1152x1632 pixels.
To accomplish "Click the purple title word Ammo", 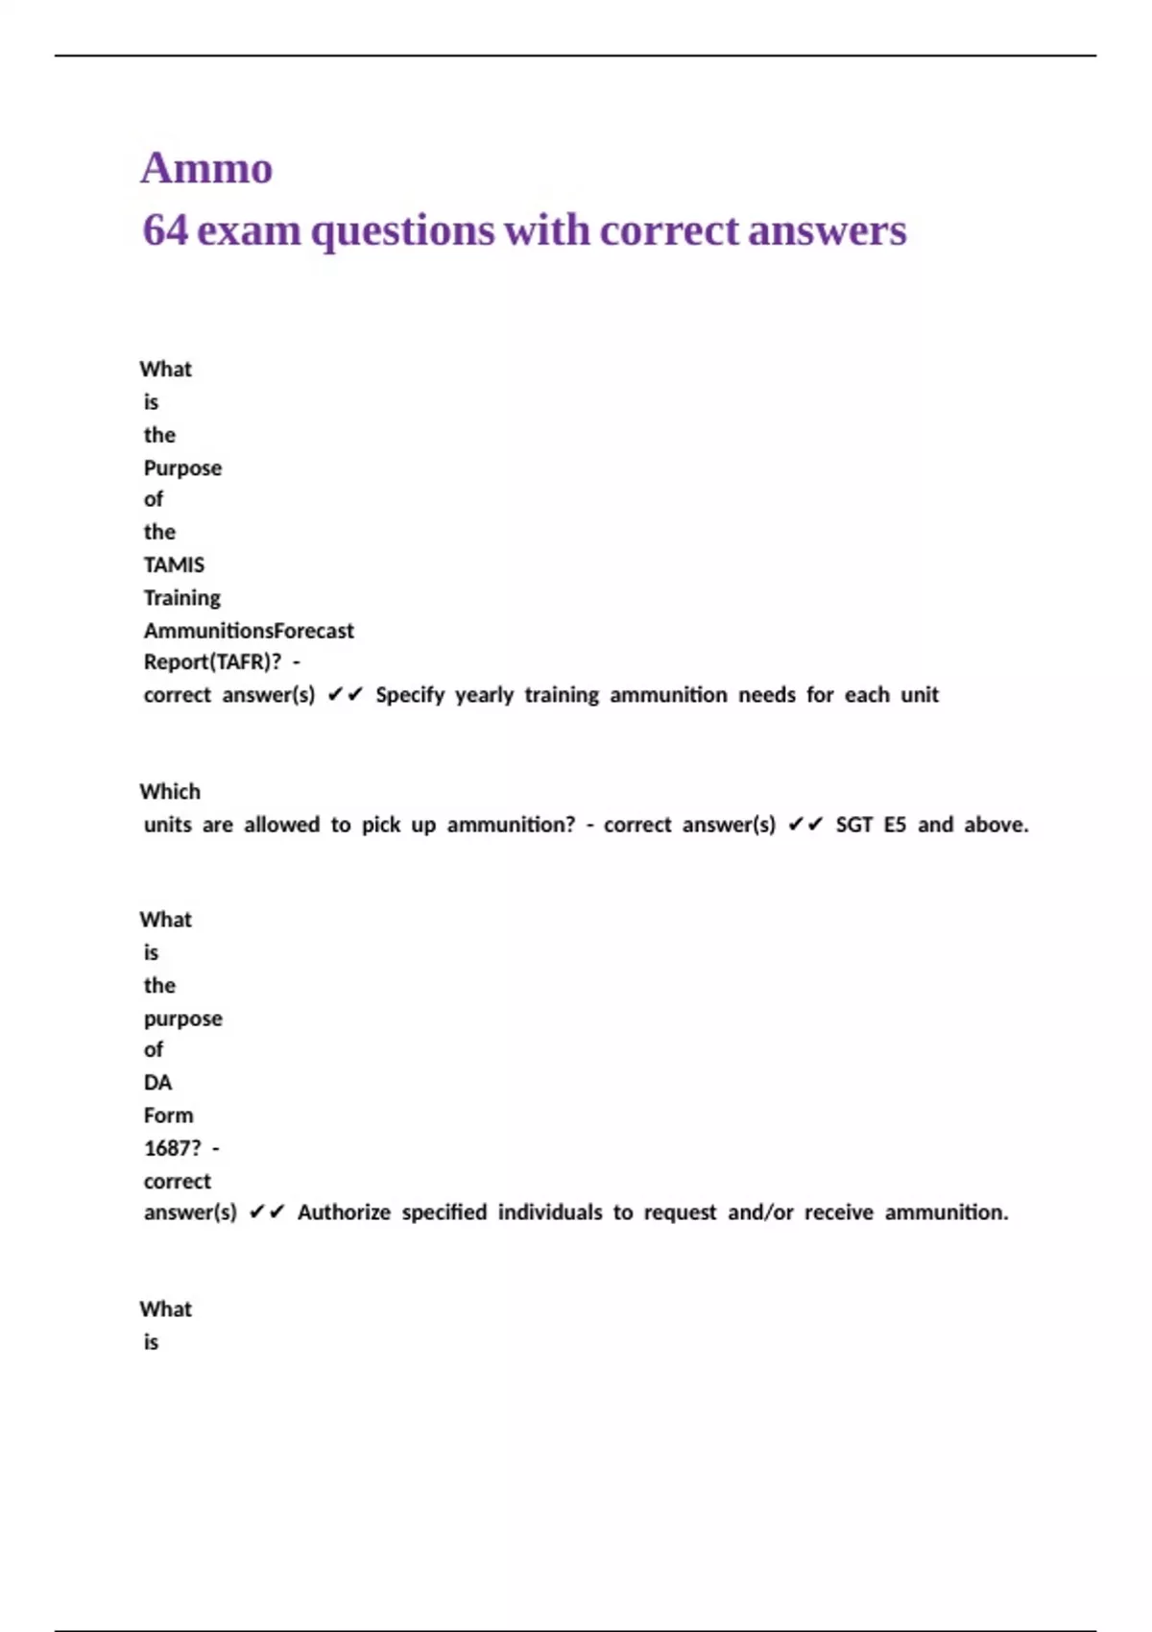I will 206,168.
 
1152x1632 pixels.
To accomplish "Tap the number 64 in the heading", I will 164,230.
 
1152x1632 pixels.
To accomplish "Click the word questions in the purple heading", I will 402,231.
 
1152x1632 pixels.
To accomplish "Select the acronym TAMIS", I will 174,564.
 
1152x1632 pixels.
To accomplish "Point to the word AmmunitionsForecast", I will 249,631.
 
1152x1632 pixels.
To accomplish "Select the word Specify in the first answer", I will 410,695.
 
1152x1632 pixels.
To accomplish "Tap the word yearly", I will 484,695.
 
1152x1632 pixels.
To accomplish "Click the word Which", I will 170,792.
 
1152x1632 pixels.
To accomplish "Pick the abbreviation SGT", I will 853,825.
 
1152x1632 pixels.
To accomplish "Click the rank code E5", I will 895,825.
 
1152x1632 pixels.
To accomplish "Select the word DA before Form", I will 157,1083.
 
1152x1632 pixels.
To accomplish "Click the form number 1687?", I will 173,1148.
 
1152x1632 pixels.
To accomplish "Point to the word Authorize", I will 344,1212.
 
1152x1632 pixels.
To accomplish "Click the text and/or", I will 760,1212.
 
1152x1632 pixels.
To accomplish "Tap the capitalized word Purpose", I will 182,468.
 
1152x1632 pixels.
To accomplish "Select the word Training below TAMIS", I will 182,598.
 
